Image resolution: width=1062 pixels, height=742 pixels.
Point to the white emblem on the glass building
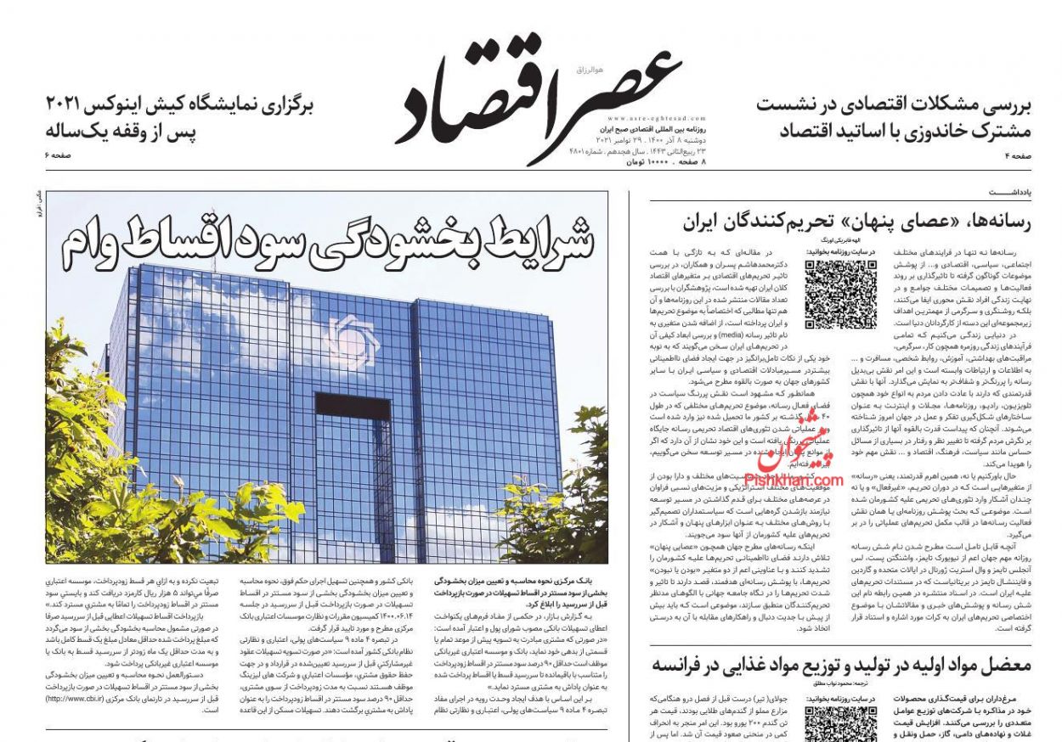point(350,340)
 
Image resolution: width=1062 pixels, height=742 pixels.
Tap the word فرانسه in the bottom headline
point(687,666)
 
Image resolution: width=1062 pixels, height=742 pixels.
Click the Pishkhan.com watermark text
point(794,481)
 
